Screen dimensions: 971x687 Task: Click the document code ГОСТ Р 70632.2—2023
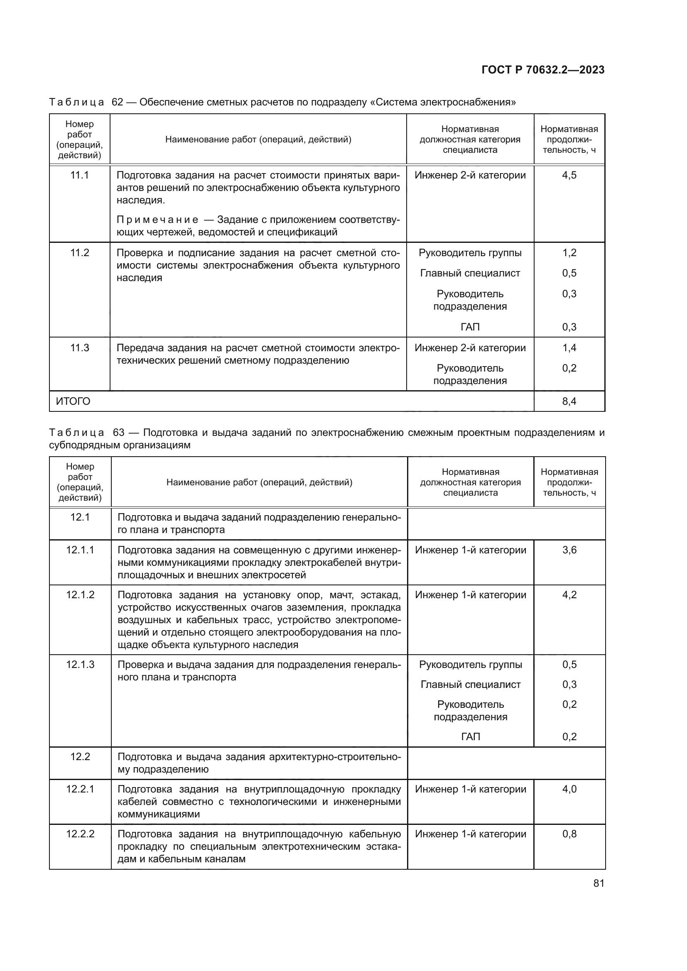point(543,70)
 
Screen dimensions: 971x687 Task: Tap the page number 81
point(599,883)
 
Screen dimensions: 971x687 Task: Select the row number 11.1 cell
point(79,175)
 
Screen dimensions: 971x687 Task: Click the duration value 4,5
point(569,175)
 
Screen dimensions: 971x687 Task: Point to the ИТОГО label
point(73,401)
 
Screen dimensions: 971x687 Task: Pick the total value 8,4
point(569,401)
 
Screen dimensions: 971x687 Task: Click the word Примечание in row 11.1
point(157,220)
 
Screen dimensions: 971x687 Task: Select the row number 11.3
point(79,347)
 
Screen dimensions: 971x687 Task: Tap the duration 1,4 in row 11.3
point(569,347)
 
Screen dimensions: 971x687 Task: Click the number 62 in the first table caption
point(117,103)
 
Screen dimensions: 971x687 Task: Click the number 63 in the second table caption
point(118,433)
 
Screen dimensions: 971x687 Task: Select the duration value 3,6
point(569,550)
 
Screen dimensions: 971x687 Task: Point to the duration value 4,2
point(569,594)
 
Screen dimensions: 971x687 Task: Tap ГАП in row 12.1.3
point(471,737)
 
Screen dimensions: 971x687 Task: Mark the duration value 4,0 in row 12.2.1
point(569,789)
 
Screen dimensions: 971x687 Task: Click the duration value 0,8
point(569,834)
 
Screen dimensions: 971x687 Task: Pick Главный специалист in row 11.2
point(470,273)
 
